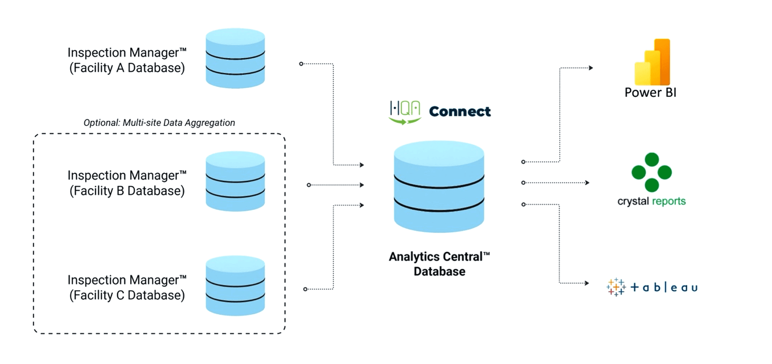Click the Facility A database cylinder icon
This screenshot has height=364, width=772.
point(235,58)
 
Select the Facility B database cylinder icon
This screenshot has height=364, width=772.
point(235,181)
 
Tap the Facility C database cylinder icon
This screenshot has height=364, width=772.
point(235,286)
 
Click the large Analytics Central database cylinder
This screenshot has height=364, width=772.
point(439,187)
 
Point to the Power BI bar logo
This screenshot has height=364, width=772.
point(652,63)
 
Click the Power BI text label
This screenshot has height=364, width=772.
point(650,93)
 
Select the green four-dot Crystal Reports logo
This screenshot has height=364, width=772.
point(651,172)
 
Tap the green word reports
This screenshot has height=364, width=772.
point(669,201)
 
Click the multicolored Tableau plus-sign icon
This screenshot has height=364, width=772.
point(616,287)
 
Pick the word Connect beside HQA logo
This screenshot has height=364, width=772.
point(460,112)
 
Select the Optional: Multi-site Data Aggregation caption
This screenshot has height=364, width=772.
point(159,123)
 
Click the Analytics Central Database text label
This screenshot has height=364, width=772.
point(439,264)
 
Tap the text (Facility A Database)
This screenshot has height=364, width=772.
point(127,68)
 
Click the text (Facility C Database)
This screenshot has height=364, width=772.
point(127,295)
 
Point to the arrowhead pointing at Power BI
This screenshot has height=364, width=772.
point(591,68)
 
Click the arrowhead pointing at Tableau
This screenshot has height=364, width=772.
point(587,283)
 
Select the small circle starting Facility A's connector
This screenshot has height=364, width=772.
point(301,64)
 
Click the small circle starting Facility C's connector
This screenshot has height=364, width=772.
point(305,289)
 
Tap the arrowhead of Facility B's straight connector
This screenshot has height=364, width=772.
point(362,185)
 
